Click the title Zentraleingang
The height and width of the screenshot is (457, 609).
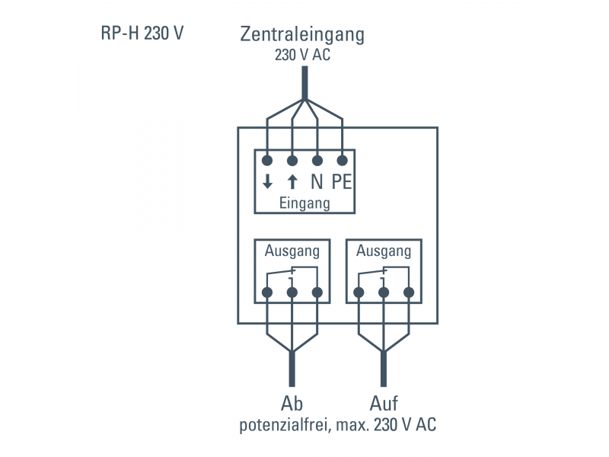pyautogui.click(x=302, y=34)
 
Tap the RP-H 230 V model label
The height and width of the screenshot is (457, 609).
pyautogui.click(x=142, y=34)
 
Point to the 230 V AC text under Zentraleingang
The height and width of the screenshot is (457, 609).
pyautogui.click(x=302, y=55)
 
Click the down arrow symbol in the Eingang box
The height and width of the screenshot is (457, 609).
pyautogui.click(x=267, y=182)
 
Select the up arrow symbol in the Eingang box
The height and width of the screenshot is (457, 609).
pyautogui.click(x=292, y=182)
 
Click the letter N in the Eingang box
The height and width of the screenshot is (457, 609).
pyautogui.click(x=317, y=182)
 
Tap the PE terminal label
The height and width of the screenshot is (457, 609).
pyautogui.click(x=341, y=182)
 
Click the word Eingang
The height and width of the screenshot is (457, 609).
pyautogui.click(x=304, y=203)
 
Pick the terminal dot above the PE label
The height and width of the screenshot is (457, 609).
pyautogui.click(x=342, y=160)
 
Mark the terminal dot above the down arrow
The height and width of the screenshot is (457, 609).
pyautogui.click(x=267, y=160)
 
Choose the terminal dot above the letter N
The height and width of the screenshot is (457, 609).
pyautogui.click(x=317, y=160)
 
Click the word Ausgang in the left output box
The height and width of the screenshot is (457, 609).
pyautogui.click(x=292, y=251)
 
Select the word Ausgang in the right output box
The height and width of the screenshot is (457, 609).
pyautogui.click(x=384, y=251)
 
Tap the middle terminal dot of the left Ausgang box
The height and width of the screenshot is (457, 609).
pyautogui.click(x=292, y=292)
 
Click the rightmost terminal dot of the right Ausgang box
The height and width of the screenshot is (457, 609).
pyautogui.click(x=409, y=292)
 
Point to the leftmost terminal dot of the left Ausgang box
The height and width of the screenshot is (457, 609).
pyautogui.click(x=267, y=292)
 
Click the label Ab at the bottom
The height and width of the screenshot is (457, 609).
pyautogui.click(x=292, y=403)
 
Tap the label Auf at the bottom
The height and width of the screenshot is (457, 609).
pyautogui.click(x=384, y=403)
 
